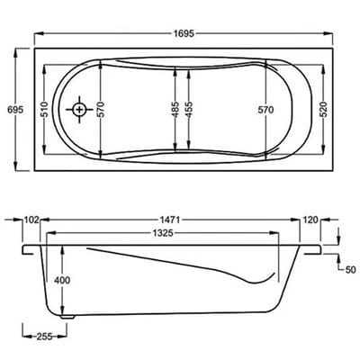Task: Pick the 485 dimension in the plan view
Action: [174, 109]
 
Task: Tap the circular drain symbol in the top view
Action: [79, 109]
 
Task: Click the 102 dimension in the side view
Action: [32, 219]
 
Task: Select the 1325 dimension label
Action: [162, 233]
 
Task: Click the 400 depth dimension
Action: [62, 281]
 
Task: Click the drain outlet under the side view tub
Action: [66, 316]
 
